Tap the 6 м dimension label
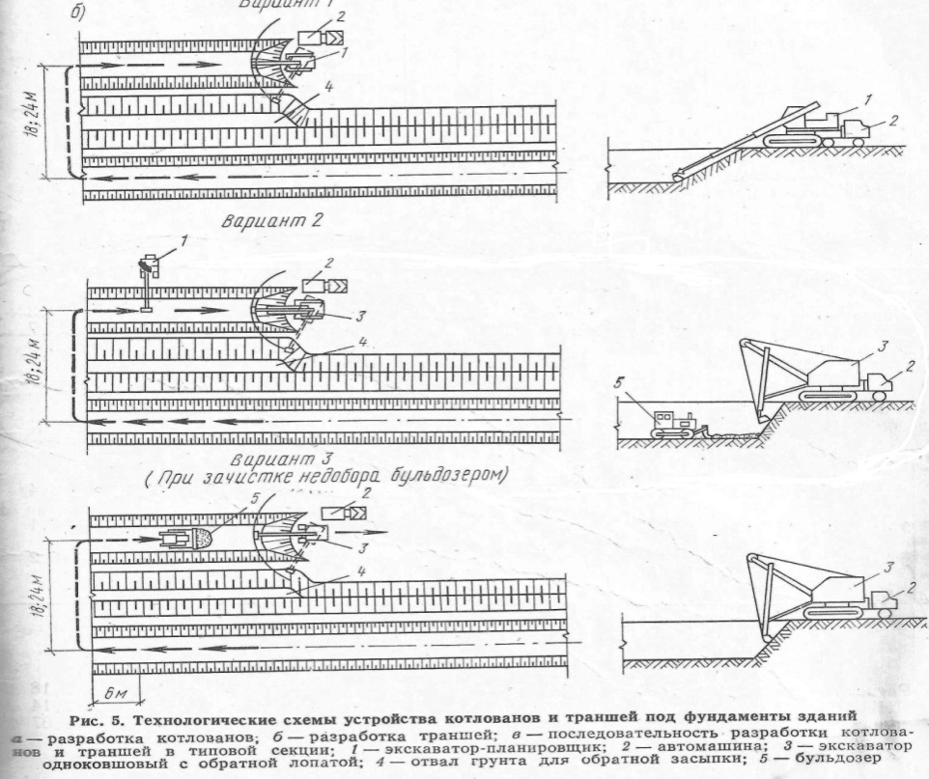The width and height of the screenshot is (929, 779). pyautogui.click(x=114, y=695)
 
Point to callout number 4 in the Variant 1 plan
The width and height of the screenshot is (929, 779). pyautogui.click(x=329, y=88)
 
